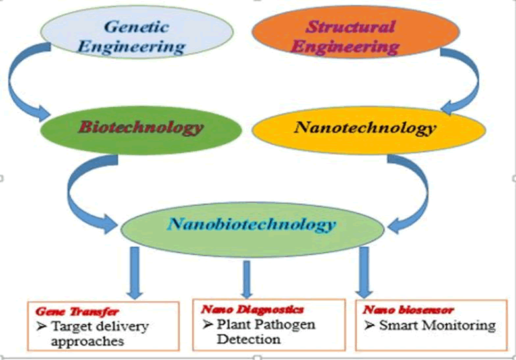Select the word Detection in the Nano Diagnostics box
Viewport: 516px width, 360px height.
250,340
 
